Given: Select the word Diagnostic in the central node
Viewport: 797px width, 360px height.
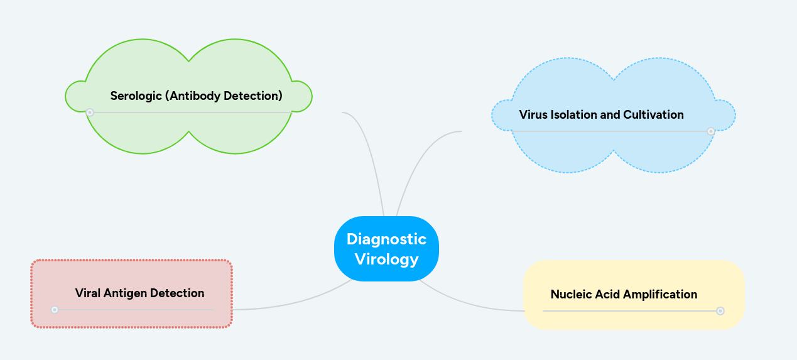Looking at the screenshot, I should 386,239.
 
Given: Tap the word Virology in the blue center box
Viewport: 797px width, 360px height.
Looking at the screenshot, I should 386,259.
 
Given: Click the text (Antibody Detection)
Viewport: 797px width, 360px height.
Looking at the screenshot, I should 224,96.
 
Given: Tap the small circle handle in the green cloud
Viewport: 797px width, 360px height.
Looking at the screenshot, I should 90,112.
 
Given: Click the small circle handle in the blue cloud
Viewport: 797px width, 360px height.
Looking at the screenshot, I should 711,131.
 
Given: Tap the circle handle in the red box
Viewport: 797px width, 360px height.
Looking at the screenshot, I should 55,310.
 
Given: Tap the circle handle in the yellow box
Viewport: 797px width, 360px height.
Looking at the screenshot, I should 720,310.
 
